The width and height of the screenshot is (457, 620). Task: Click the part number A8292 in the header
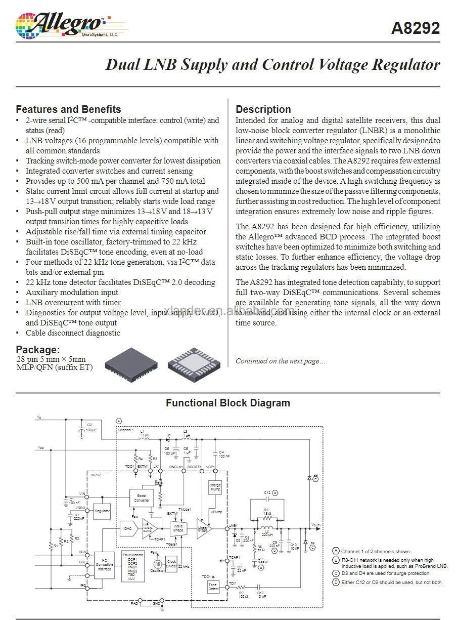click(416, 28)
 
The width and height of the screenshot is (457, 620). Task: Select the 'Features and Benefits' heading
click(68, 109)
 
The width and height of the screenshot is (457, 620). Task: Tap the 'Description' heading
click(263, 109)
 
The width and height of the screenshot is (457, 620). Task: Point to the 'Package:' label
click(38, 350)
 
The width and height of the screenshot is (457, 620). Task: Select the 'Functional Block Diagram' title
click(228, 403)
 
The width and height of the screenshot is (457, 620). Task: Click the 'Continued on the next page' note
click(281, 361)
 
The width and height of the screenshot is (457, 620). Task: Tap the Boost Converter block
click(142, 498)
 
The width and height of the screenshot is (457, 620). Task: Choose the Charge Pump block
click(215, 487)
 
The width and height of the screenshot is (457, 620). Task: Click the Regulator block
click(102, 511)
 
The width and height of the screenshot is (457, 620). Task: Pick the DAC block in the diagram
click(128, 528)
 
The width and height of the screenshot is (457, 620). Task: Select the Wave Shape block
click(178, 528)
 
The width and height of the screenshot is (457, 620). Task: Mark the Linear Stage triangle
click(203, 528)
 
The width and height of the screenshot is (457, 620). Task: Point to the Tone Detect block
click(213, 587)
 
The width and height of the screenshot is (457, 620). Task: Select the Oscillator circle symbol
click(157, 563)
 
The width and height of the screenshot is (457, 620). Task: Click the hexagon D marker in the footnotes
click(336, 583)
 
